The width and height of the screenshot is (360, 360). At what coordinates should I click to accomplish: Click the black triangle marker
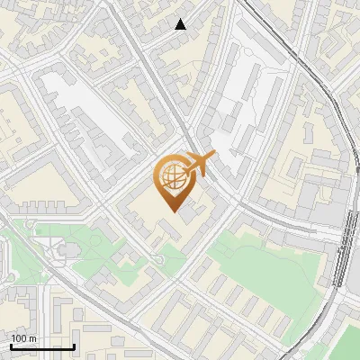pyautogui.click(x=181, y=24)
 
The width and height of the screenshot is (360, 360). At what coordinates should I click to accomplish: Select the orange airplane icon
pyautogui.click(x=200, y=164)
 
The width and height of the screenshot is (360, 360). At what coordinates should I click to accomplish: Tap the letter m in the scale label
pyautogui.click(x=32, y=337)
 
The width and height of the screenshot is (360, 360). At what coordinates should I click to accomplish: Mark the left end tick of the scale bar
pyautogui.click(x=11, y=346)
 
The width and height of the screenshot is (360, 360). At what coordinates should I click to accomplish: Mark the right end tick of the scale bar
pyautogui.click(x=74, y=346)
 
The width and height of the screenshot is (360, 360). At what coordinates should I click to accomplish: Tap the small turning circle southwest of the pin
pyautogui.click(x=158, y=261)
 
